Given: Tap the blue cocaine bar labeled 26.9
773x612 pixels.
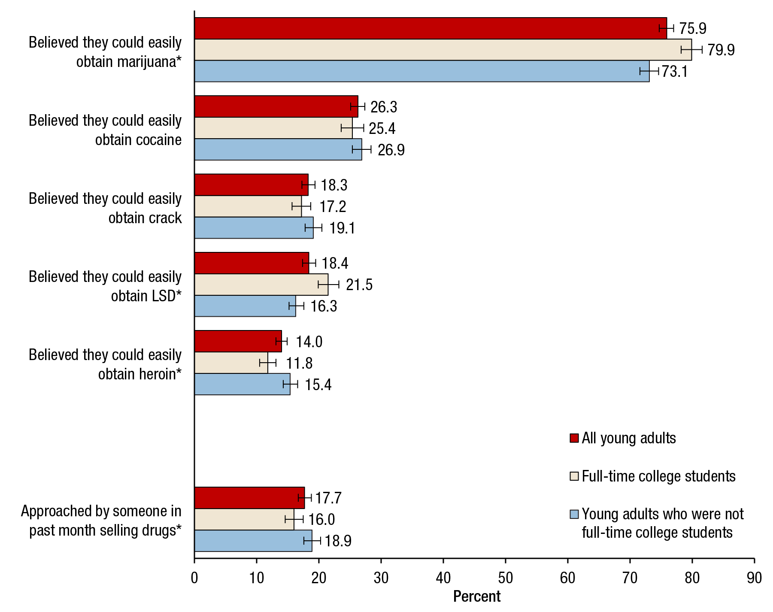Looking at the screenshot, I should [278, 149].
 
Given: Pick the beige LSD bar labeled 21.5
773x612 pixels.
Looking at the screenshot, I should [261, 285].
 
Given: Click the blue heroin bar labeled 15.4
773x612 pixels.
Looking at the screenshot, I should [242, 384].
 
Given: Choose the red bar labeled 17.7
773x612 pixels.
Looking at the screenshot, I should [249, 498].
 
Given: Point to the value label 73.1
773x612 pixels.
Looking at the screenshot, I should [675, 71].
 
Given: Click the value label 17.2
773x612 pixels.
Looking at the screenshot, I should [333, 206].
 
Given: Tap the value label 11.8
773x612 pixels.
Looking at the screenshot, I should [299, 363].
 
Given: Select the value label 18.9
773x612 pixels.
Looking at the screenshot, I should [338, 541].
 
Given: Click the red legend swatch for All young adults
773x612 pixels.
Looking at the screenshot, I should [574, 438].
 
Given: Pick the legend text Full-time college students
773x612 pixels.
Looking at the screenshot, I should [658, 476].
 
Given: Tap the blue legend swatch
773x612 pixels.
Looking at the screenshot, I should [574, 514].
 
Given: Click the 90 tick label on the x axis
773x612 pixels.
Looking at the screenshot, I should [754, 578].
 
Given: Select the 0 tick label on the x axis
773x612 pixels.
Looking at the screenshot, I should [194, 578].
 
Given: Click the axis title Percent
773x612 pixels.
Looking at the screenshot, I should [477, 597].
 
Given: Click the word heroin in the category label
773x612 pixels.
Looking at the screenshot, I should [161, 374].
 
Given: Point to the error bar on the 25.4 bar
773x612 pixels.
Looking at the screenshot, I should [352, 128].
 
